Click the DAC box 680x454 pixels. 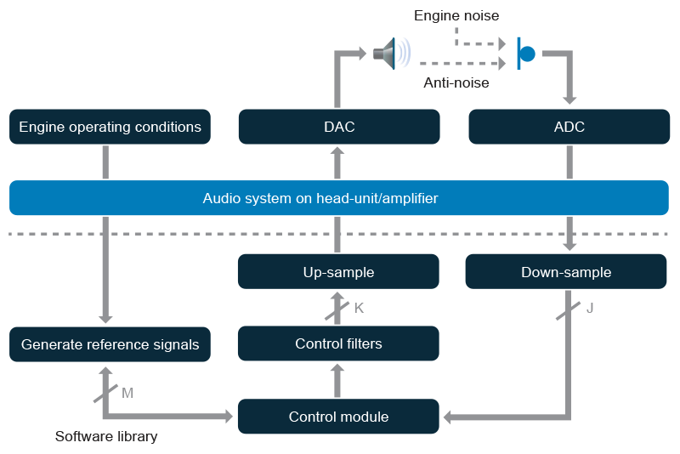coord(339,127)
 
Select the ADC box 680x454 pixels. coord(569,127)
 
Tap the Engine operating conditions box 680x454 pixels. coord(110,127)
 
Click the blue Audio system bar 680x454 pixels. coord(338,198)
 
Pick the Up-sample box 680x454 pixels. coord(338,273)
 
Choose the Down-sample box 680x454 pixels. coord(566,273)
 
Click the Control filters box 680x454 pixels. coord(338,344)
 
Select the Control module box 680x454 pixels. coord(338,417)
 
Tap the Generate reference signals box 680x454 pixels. coord(110,344)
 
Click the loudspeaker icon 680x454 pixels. coord(389,54)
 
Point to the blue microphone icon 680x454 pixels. coord(525,54)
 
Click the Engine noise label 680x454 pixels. coord(456,15)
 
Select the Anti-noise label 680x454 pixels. coord(456,83)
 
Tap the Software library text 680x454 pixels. coord(106,437)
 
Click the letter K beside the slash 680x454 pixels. coord(359,308)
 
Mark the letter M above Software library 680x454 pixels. coord(127,393)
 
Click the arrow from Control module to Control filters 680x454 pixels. coord(337,380)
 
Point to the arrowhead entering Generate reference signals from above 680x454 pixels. coord(105,318)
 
